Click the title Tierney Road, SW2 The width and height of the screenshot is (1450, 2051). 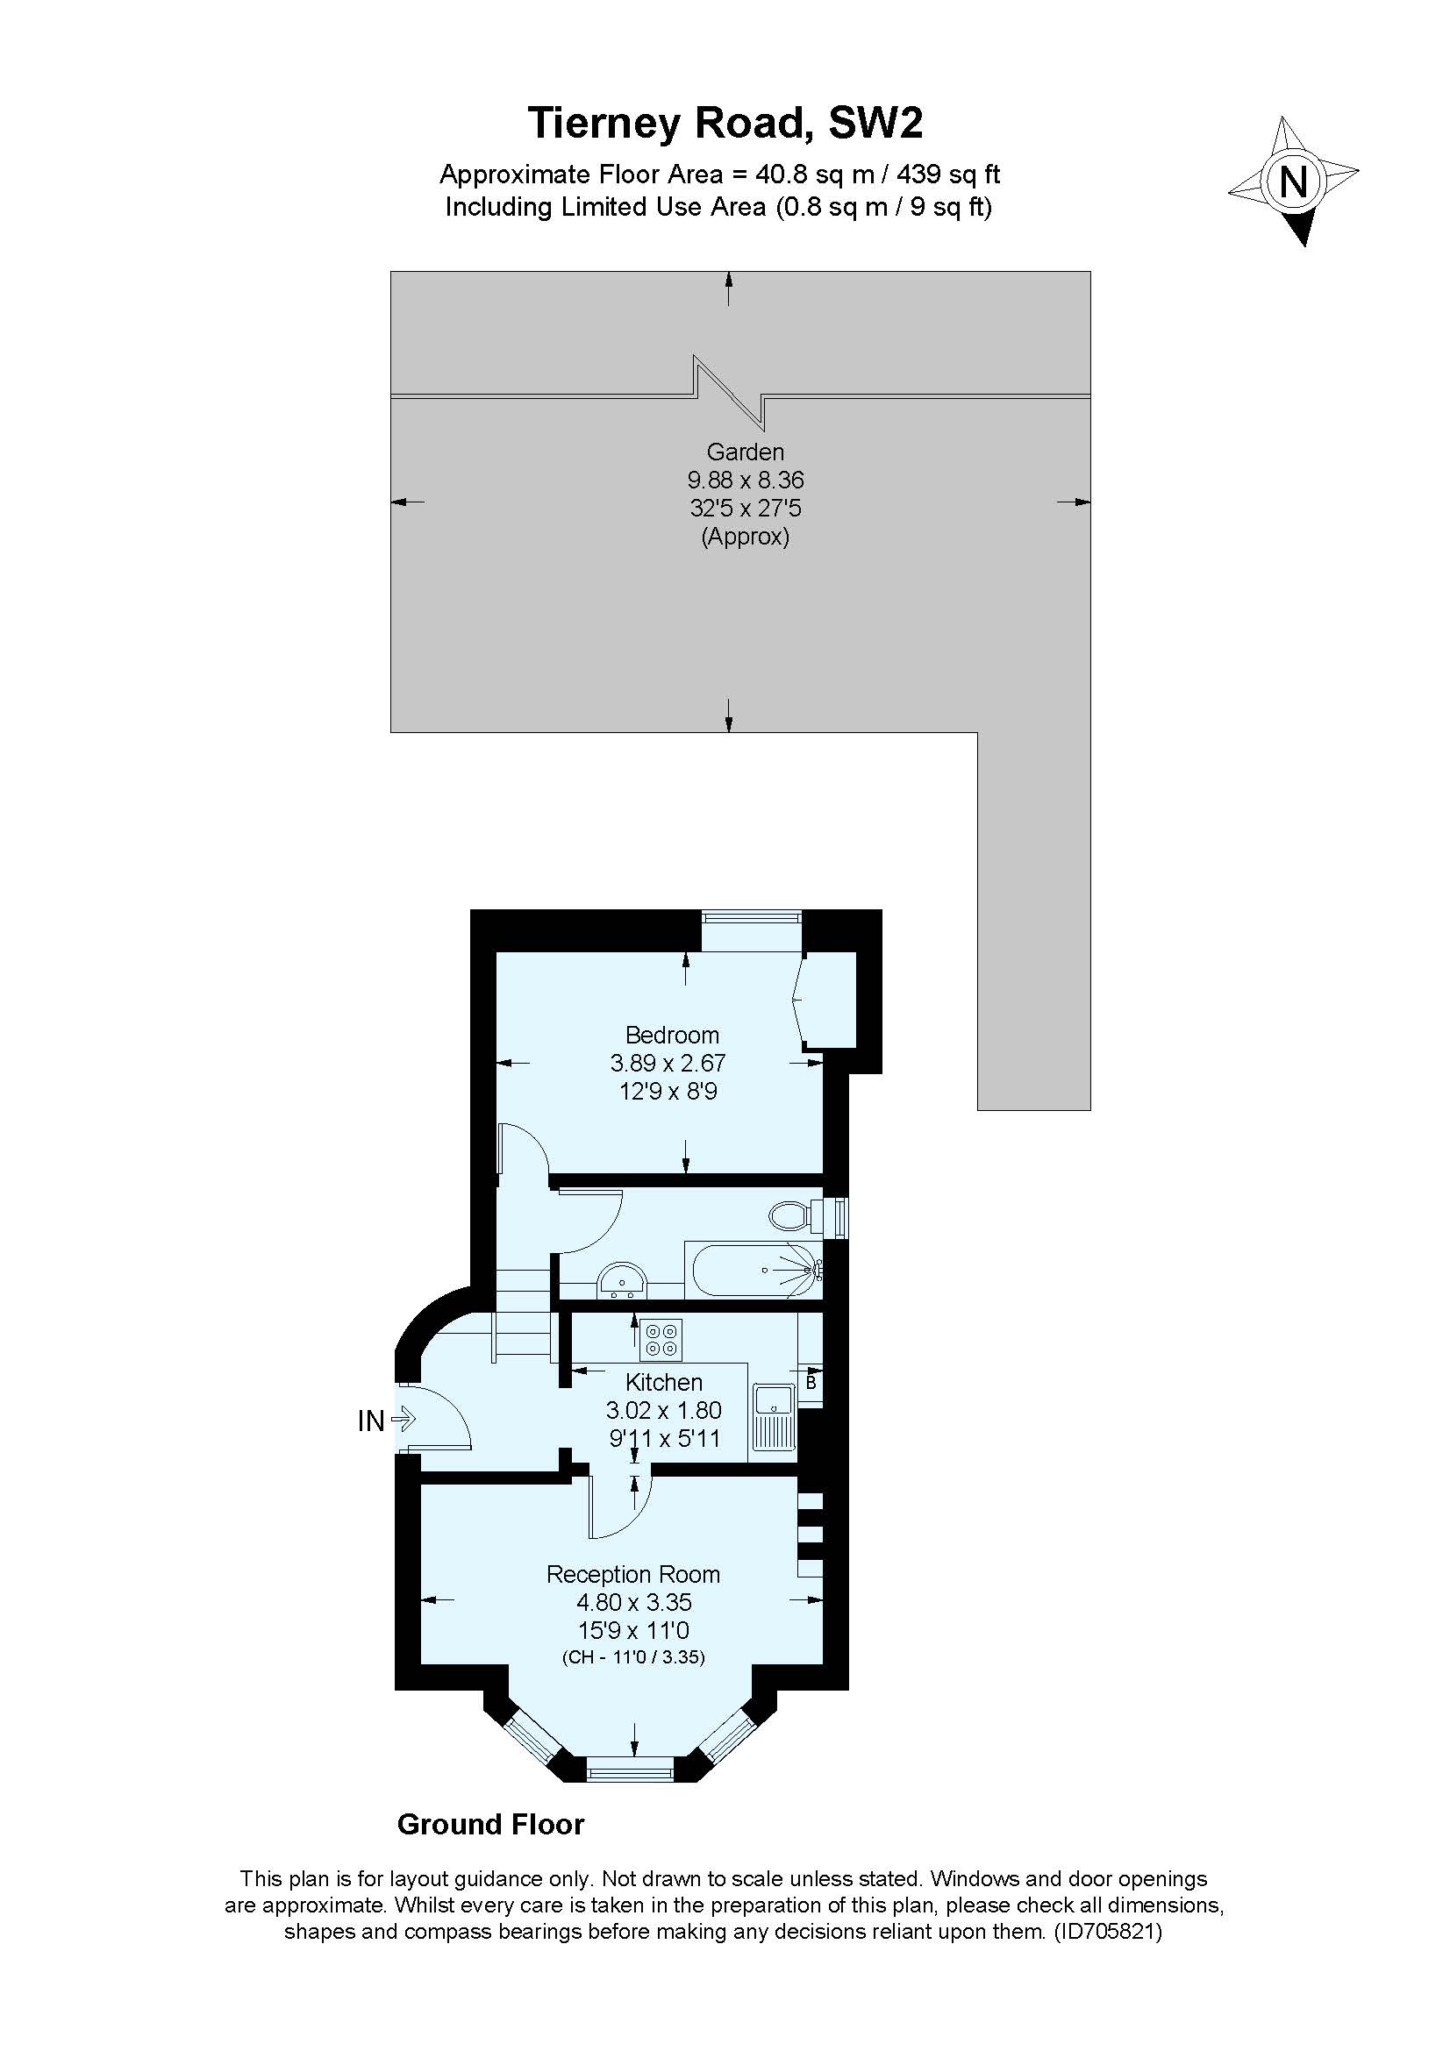click(725, 124)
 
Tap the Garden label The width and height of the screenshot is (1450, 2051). click(745, 452)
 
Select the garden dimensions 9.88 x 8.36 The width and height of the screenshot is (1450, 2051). click(745, 481)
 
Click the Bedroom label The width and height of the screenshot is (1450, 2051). click(672, 1036)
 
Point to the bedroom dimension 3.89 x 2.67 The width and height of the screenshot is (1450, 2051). click(668, 1063)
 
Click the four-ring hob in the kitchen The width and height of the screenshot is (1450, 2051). click(662, 1340)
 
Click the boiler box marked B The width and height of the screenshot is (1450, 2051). click(811, 1383)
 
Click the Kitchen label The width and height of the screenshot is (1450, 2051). click(664, 1382)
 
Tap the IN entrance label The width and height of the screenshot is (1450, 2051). click(371, 1421)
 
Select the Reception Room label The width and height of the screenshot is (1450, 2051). click(633, 1574)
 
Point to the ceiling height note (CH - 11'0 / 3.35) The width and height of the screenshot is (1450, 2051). click(633, 1658)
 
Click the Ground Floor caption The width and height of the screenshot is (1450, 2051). click(490, 1824)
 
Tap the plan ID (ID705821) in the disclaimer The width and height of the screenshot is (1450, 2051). click(1108, 1933)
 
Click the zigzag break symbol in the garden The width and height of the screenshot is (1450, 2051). click(729, 393)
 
